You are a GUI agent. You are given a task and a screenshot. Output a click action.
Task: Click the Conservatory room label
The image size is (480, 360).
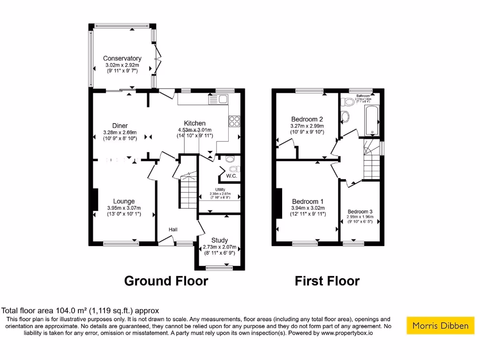122,59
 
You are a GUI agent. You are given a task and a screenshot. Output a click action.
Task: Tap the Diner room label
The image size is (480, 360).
120,126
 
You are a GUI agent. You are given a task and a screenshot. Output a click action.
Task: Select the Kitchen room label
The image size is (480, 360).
195,123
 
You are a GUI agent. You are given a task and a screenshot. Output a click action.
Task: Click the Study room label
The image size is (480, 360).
219,240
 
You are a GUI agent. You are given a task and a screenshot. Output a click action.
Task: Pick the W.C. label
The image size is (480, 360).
231,176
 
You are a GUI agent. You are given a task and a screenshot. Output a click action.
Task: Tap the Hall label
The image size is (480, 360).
173,229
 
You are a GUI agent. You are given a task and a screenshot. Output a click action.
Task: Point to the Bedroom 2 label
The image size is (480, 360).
307,119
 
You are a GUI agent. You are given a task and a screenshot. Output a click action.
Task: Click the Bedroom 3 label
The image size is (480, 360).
360,211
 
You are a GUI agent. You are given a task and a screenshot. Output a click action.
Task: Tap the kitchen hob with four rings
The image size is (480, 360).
234,121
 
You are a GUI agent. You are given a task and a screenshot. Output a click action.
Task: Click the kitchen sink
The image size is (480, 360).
218,99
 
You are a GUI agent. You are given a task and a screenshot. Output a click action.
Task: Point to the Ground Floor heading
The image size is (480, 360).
166,281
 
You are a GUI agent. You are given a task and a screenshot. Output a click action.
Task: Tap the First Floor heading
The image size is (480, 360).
327,281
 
